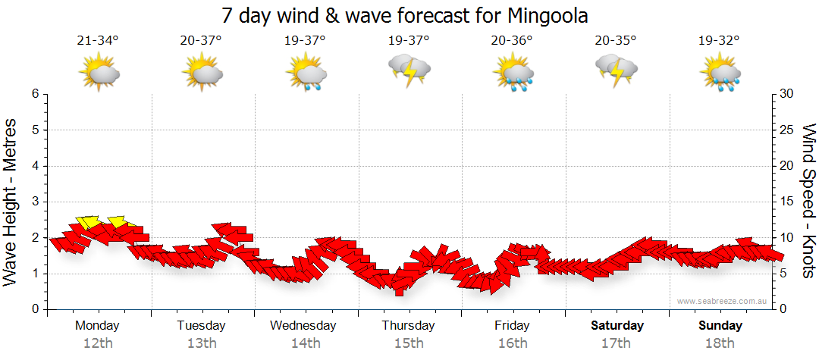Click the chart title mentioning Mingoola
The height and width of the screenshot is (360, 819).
click(x=405, y=15)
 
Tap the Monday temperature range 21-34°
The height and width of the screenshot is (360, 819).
click(x=98, y=41)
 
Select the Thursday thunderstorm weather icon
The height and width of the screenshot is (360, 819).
click(x=409, y=70)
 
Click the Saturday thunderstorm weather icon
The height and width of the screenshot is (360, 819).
click(x=616, y=70)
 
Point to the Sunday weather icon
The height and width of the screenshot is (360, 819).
click(x=720, y=73)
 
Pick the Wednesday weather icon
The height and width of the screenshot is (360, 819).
click(x=306, y=73)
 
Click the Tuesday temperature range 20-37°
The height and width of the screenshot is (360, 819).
click(x=202, y=41)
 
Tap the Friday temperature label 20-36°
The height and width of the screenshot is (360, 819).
click(x=513, y=41)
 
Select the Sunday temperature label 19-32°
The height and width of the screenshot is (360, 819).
click(x=720, y=41)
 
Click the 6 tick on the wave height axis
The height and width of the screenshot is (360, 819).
click(x=35, y=94)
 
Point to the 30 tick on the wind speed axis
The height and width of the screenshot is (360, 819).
click(x=787, y=94)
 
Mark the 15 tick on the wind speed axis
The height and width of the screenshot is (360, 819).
click(x=787, y=202)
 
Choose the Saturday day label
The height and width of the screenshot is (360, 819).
click(x=617, y=326)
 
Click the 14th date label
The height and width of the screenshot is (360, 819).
click(x=306, y=343)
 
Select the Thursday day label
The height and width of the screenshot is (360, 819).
click(x=409, y=326)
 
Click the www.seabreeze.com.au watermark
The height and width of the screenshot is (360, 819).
click(x=723, y=302)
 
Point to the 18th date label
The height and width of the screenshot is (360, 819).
click(x=720, y=343)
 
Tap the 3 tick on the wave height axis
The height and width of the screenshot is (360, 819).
click(x=35, y=202)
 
